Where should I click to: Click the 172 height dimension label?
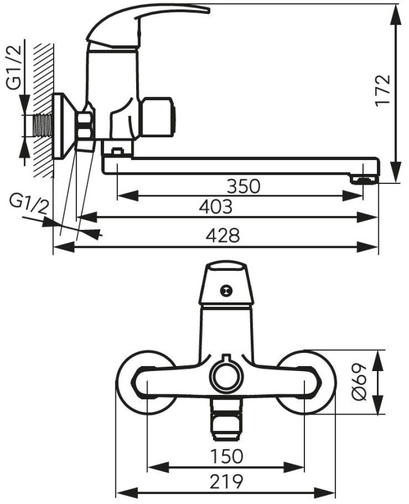(x=383, y=89)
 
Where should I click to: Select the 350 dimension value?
(x=243, y=186)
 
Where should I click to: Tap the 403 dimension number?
(x=216, y=207)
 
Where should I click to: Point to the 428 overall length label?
(x=223, y=236)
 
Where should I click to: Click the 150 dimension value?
(x=227, y=456)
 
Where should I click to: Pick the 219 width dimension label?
(x=227, y=481)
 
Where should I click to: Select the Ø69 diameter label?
(x=359, y=382)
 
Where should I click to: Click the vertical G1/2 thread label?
(x=14, y=67)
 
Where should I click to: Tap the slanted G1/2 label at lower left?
(x=29, y=203)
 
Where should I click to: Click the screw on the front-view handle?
(x=226, y=290)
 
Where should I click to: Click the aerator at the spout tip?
(x=364, y=180)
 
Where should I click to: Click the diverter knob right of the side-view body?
(x=158, y=117)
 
